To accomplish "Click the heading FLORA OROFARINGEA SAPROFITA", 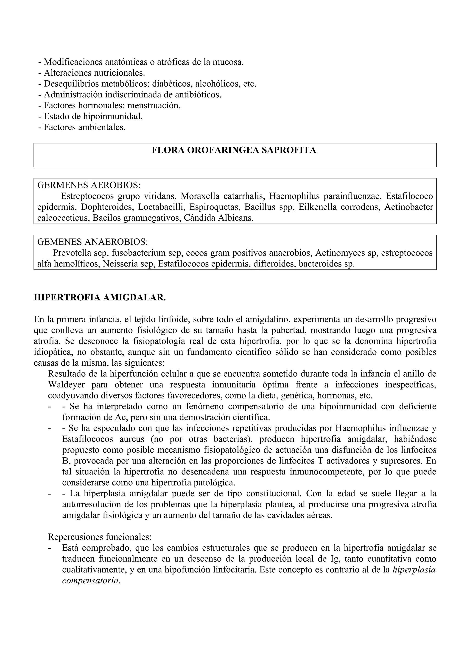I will tap(234, 150).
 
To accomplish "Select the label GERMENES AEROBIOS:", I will tap(89, 185).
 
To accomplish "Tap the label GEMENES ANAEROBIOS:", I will tap(92, 242).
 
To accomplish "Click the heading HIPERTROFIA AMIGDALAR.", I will tap(100, 298).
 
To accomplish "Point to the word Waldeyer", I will tap(66, 385).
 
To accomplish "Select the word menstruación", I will tap(154, 106).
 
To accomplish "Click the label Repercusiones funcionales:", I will tap(100, 537).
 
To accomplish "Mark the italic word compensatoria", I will tap(90, 581).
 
